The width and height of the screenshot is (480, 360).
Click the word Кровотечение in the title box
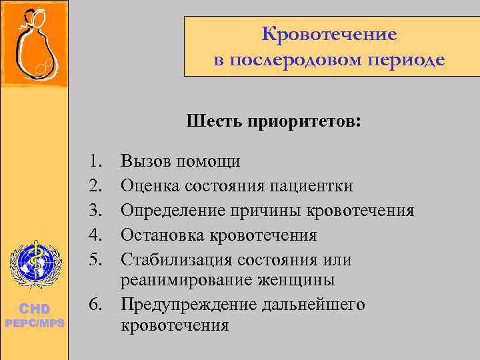(x=329, y=34)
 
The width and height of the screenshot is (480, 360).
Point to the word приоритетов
(x=305, y=122)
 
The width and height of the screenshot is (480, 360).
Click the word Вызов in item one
(x=144, y=161)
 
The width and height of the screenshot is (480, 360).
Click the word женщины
(x=298, y=280)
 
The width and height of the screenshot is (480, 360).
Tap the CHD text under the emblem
(x=34, y=309)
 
